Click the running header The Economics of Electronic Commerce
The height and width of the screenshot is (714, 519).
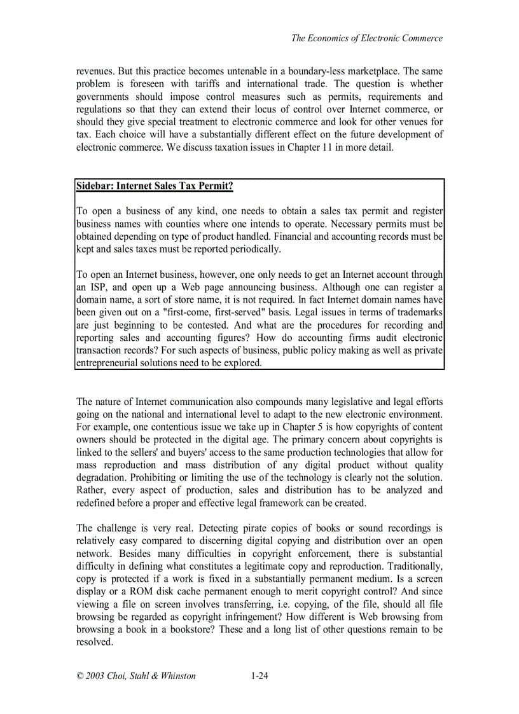click(366, 38)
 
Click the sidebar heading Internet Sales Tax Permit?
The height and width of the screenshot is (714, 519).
click(155, 186)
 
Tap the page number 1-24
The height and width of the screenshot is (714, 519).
click(259, 676)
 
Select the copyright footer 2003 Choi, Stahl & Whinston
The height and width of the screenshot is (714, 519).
click(136, 676)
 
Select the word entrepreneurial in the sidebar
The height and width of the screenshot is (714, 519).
click(109, 363)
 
